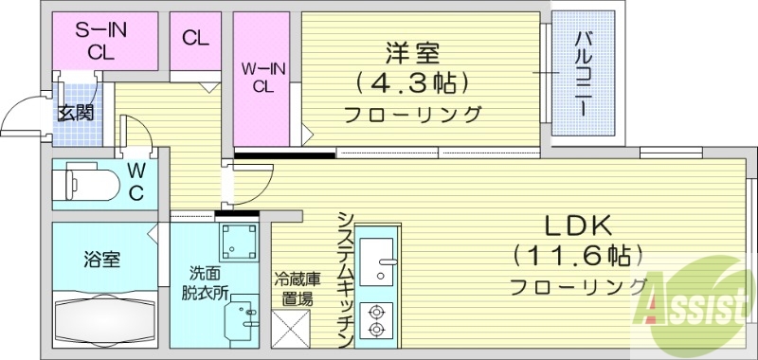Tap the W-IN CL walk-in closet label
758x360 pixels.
coord(264,76)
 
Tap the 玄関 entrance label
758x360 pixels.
coord(75,114)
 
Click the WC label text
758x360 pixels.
coord(136,182)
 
